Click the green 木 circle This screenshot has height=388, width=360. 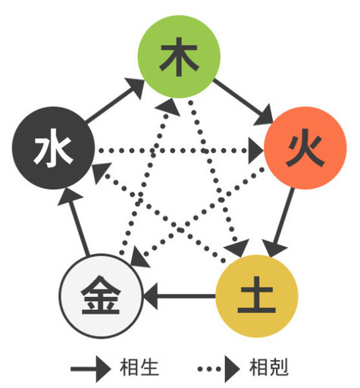[179, 57]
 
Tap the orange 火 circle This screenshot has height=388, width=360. [305, 148]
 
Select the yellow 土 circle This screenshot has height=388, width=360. [257, 296]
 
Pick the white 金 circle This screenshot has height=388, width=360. [101, 296]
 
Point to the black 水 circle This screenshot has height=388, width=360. [53, 148]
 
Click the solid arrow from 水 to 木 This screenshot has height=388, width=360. [114, 100]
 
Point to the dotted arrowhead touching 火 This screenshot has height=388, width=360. [255, 151]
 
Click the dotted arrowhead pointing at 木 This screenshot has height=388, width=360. [168, 107]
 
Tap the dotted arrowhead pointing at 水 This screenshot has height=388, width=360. [101, 172]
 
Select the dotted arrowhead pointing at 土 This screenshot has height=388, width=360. [238, 248]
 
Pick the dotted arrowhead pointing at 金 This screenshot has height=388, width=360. [139, 258]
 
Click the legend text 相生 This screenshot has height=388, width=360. [139, 367]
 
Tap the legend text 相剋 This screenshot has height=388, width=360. [269, 367]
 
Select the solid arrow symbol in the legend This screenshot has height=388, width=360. [91, 369]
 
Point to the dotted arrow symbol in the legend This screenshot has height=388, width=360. [219, 369]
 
